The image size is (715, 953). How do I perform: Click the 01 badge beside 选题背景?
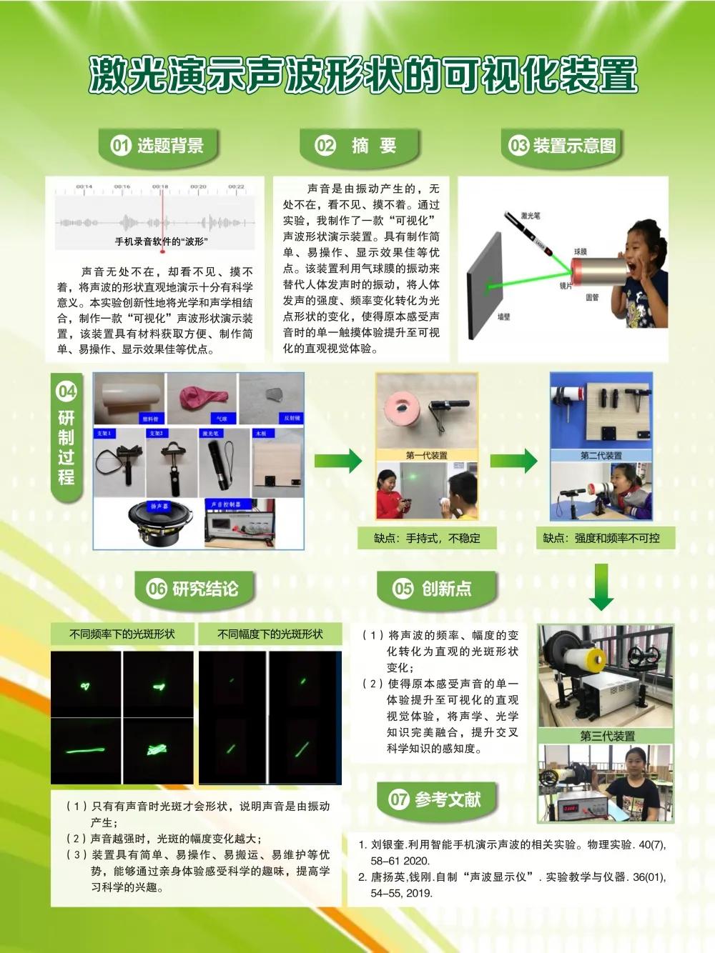(x=120, y=146)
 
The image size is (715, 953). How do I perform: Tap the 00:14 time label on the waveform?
(x=84, y=187)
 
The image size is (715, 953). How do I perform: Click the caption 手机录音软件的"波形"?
(x=162, y=241)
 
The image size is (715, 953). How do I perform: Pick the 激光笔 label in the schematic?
(x=531, y=215)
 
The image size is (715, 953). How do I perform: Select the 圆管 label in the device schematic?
(x=592, y=297)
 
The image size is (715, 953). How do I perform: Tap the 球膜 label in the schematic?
(x=580, y=252)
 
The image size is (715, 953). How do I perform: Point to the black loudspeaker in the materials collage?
(x=158, y=526)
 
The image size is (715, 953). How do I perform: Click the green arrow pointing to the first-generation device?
(x=338, y=461)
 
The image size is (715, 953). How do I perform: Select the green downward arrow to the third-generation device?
(x=601, y=587)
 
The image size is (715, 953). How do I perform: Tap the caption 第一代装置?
(x=426, y=455)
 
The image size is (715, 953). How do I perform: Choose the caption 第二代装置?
(x=601, y=455)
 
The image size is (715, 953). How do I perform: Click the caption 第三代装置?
(x=607, y=736)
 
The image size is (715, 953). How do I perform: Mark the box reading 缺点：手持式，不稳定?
(x=427, y=538)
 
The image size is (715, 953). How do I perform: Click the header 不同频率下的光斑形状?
(x=122, y=634)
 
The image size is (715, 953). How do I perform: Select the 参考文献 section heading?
(x=447, y=799)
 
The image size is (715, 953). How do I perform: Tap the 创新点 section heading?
(x=446, y=589)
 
